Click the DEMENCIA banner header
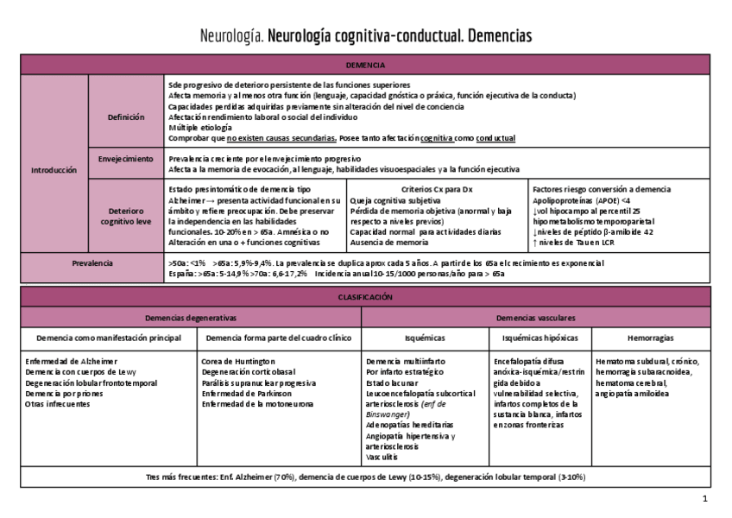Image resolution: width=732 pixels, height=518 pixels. (365, 65)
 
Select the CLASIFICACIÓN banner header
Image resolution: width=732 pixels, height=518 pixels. (365, 296)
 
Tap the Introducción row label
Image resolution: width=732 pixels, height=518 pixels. (54, 170)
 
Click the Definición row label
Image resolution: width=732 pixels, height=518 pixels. (126, 117)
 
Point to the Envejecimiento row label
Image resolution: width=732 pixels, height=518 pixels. (126, 160)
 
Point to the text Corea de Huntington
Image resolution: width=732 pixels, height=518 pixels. (238, 361)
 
